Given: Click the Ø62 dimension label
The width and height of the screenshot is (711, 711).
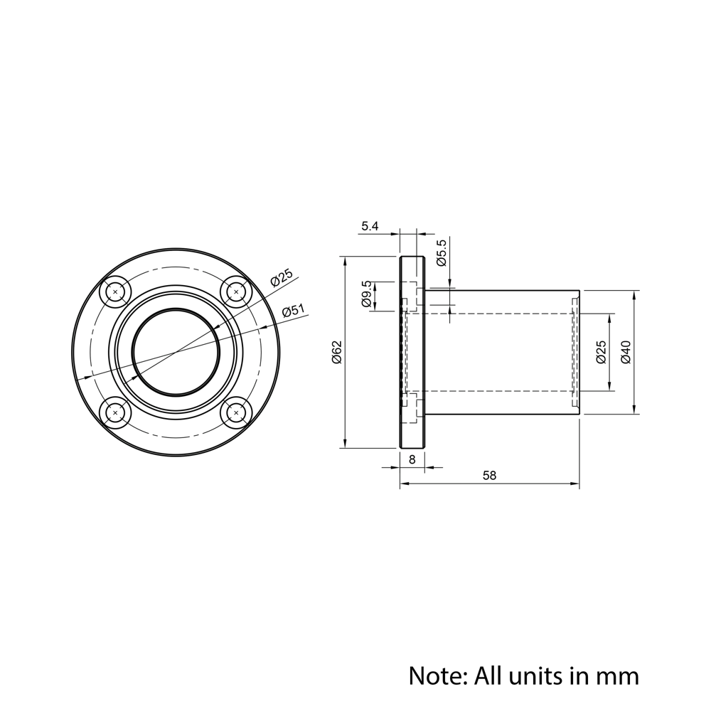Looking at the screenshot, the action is pos(336,351).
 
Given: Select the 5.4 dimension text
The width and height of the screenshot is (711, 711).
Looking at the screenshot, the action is pos(370,226).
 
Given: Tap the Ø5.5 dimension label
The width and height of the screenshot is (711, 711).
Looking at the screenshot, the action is pos(441,252).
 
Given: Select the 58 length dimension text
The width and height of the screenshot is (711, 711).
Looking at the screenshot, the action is pos(490,475).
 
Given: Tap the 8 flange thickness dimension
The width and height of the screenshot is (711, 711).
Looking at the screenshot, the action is pos(412,459).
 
